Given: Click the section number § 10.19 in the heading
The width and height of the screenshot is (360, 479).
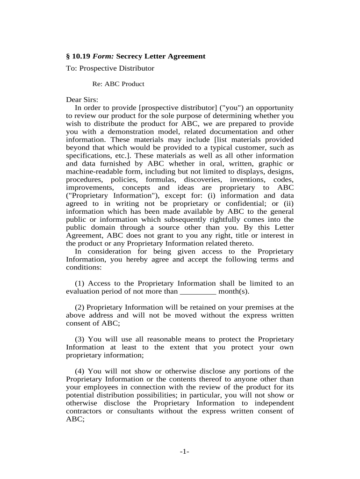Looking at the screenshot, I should [78, 56].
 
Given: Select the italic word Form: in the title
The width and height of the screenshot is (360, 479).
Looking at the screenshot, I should [103, 56].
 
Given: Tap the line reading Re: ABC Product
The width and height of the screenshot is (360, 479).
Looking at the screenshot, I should [118, 84].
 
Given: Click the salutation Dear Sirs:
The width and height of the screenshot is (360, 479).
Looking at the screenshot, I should [82, 100].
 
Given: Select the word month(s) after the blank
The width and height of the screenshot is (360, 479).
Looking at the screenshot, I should [234, 291].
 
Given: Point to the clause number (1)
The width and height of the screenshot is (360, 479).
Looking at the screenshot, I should [80, 283].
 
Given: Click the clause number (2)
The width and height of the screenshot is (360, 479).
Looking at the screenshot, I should [80, 307].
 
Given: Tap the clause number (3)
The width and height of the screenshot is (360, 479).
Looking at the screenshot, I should [80, 339].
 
